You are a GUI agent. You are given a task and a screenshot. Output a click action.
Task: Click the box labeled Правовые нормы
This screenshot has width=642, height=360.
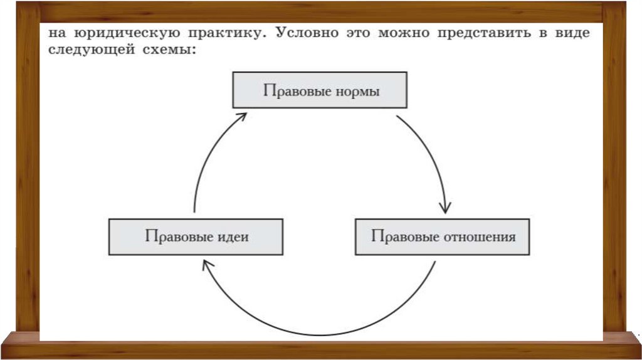(320, 90)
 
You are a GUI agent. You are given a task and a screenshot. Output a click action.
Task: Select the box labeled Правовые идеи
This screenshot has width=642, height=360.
(196, 236)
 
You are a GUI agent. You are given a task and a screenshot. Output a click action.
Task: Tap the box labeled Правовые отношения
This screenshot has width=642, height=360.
(442, 236)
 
